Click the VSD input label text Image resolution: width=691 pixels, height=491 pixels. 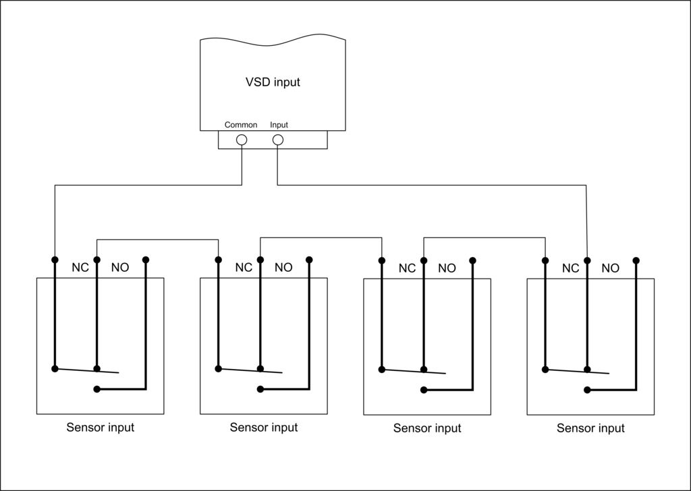(x=273, y=82)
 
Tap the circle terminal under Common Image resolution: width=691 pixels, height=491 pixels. (x=242, y=140)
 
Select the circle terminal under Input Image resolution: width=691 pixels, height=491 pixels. (x=277, y=140)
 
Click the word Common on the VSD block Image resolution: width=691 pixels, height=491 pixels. (x=241, y=125)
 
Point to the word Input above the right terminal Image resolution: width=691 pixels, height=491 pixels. (x=279, y=125)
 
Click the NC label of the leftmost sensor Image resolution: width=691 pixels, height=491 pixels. (x=80, y=267)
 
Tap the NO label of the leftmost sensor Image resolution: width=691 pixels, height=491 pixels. (x=120, y=267)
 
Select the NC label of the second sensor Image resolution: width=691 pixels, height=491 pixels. (x=244, y=267)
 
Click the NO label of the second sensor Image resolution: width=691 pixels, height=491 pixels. (x=283, y=267)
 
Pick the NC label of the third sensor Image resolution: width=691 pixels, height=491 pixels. (x=407, y=268)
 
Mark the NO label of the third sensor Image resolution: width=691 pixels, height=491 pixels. (x=447, y=268)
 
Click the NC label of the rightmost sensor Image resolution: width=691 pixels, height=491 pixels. (x=571, y=268)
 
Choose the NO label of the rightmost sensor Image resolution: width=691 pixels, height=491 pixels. (x=610, y=268)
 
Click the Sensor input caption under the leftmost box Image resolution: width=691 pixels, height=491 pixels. (x=100, y=427)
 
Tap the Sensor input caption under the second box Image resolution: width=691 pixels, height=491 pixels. (x=264, y=427)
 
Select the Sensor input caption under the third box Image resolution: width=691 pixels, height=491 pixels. (x=427, y=428)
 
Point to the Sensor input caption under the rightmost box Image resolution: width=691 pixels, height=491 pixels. (x=590, y=428)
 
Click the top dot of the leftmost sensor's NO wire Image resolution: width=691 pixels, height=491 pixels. (x=146, y=260)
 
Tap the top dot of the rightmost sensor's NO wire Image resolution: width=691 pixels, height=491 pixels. (x=636, y=260)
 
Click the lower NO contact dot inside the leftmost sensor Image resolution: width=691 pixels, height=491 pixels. (x=97, y=389)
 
